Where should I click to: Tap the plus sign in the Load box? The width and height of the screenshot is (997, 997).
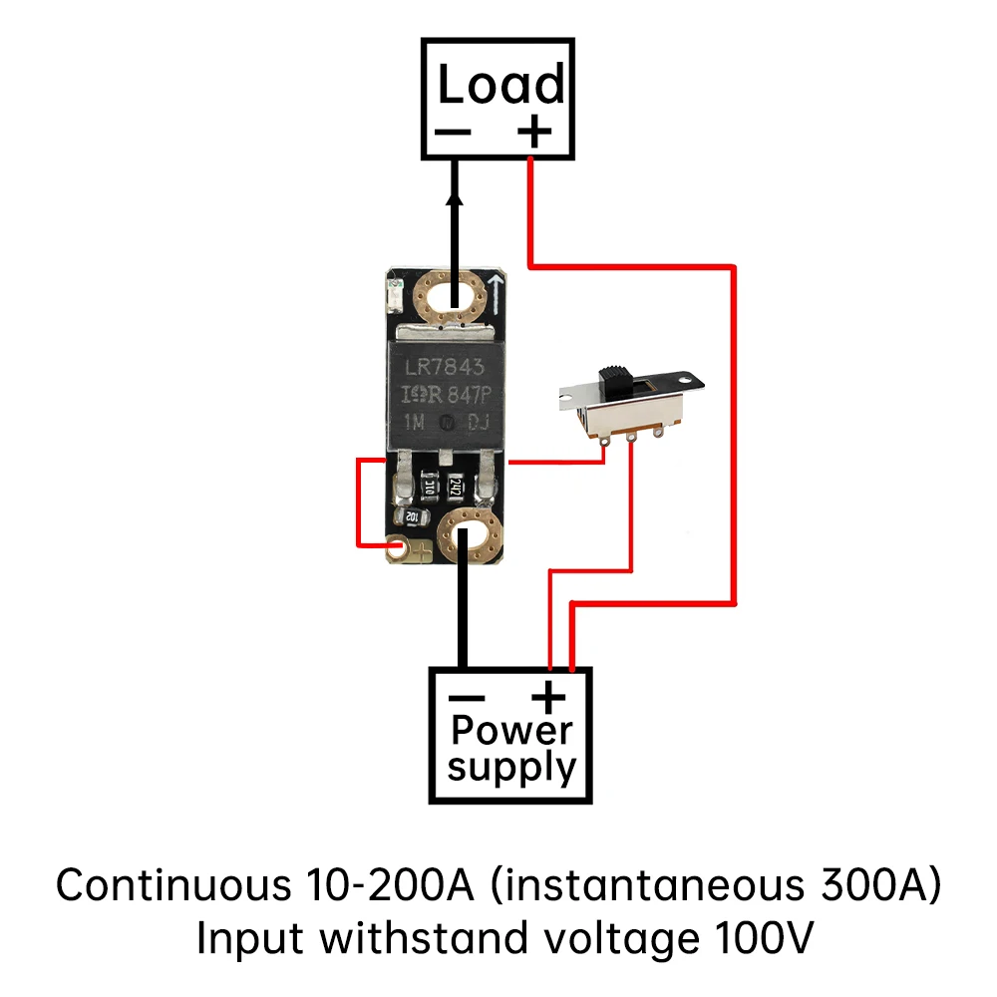tap(535, 131)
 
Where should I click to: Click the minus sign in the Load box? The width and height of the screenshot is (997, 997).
tap(455, 133)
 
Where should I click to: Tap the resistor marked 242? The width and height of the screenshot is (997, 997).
tap(455, 488)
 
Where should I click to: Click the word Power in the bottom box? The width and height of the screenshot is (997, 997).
tap(510, 731)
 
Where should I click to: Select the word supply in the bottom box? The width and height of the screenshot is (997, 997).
tap(510, 769)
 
